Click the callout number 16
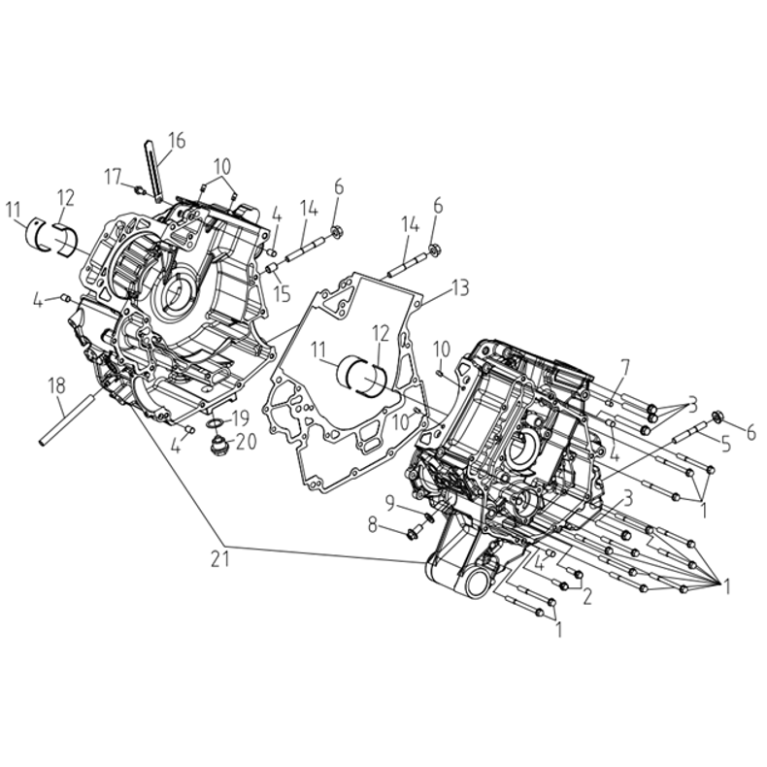tap(177, 141)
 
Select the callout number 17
tap(113, 177)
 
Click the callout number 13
tap(460, 287)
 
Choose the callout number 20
tap(247, 442)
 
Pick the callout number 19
tap(240, 418)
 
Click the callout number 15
tap(283, 294)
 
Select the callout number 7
tap(625, 368)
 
